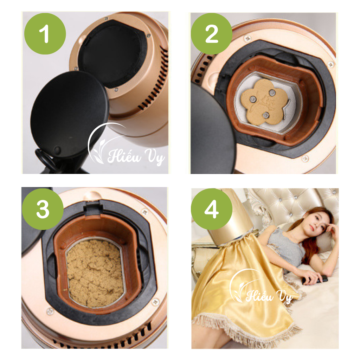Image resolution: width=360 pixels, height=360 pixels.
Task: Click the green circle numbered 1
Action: click(45, 34)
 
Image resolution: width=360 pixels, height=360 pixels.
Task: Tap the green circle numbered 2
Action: click(211, 34)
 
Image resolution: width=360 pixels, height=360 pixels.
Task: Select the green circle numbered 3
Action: click(43, 209)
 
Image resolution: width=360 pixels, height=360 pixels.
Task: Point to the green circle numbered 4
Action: click(211, 209)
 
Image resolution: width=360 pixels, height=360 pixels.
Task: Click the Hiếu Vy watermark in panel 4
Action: click(269, 296)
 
